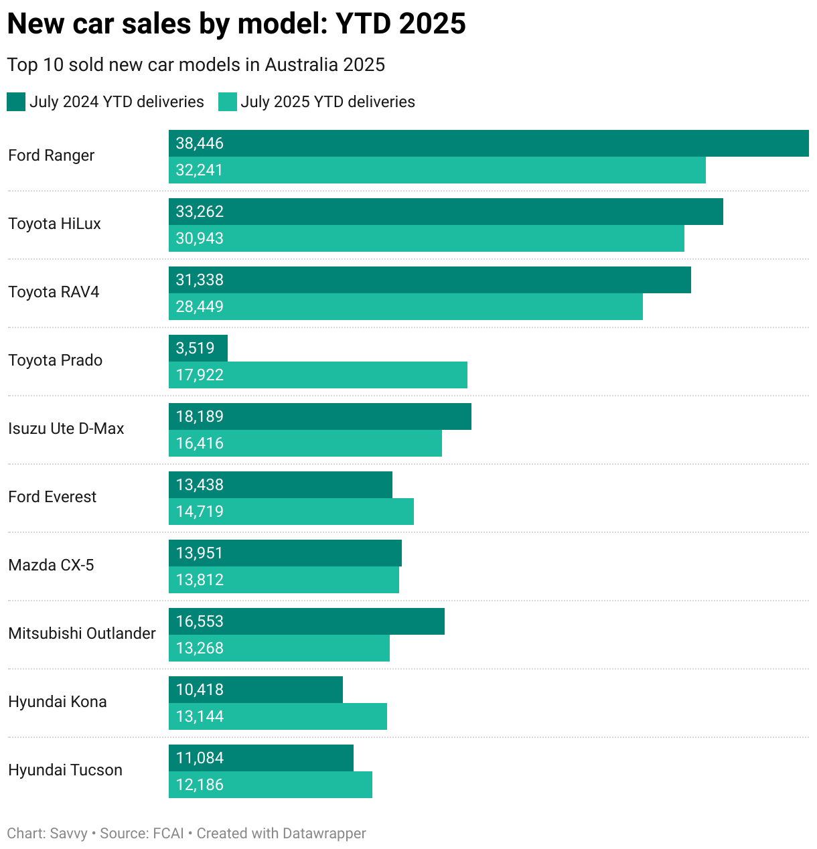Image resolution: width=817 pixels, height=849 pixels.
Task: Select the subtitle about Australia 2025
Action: point(196,65)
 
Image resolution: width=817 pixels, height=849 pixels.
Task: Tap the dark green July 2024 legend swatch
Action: point(16,102)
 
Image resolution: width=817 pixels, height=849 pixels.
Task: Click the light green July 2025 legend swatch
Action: point(228,102)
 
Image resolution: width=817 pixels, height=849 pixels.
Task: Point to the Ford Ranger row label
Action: point(52,155)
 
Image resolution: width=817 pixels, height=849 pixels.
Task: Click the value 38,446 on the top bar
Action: point(200,143)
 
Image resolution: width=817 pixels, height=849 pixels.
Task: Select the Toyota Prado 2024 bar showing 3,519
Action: point(198,348)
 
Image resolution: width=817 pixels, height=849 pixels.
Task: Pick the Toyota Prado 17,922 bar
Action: point(318,375)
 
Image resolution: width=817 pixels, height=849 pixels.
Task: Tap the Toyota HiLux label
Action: point(54,224)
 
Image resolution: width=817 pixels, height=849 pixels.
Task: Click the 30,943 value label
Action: point(200,238)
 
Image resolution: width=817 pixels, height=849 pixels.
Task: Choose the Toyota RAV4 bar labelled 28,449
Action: point(405,307)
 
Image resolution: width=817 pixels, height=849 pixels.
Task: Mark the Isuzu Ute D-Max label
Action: point(66,429)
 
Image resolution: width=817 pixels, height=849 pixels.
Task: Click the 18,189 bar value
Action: point(200,416)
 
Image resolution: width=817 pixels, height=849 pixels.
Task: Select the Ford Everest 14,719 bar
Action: point(291,512)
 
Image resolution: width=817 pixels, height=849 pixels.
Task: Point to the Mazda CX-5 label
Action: point(51,565)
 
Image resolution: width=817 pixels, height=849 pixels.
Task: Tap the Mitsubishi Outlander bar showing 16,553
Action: point(307,621)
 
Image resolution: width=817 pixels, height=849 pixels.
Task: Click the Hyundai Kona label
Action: point(58,702)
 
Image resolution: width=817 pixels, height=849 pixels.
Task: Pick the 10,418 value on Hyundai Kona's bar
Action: point(200,690)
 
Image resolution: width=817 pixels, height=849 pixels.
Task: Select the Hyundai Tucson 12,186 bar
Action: point(271,785)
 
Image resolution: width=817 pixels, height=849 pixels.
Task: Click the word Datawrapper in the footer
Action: point(324,834)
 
